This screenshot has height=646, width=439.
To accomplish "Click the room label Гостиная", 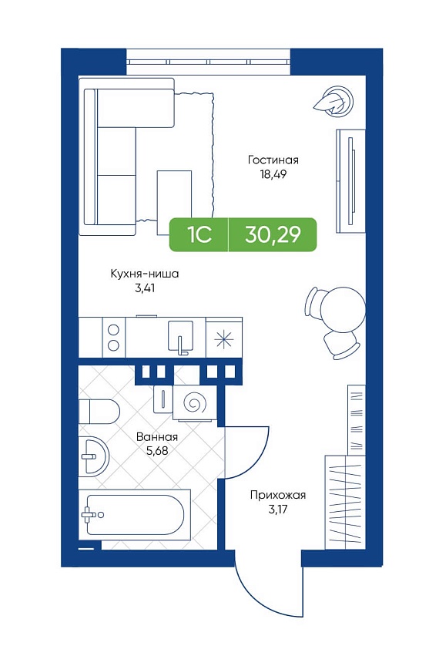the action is coord(273,160).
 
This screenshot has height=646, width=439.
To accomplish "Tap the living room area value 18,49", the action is coord(273,174).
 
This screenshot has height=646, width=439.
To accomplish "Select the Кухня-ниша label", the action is coord(145,274).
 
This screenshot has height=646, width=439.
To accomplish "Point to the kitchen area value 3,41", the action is coord(145,288).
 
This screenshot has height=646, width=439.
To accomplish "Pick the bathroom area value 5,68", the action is coord(157,451).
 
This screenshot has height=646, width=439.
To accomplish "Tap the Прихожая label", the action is coord(278,495).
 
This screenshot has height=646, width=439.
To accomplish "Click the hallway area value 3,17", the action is coord(278,510).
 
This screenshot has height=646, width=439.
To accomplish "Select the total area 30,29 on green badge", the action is coord(273,234).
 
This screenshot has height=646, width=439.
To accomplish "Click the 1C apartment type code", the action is coord(199,234).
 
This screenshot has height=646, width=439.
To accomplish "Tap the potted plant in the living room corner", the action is coord(333,101).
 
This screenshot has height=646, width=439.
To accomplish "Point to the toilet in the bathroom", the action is coord(99,411).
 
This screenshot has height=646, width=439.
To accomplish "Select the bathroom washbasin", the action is coord(94,456).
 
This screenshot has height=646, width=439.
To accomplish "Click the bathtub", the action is coord(135,515).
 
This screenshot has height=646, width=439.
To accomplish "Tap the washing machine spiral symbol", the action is coord(194,402).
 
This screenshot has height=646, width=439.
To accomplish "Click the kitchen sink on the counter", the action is coord(180,336).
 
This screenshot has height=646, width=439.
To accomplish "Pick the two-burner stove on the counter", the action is coord(113,337).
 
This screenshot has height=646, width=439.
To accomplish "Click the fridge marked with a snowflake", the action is coord(224,338).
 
